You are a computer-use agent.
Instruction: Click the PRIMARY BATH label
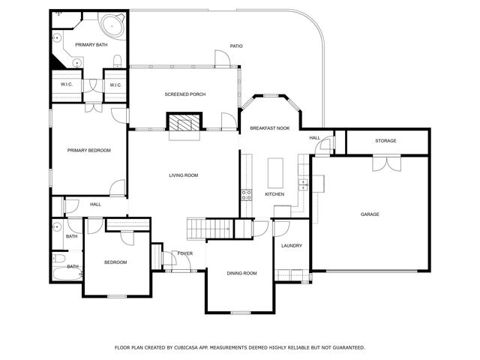click(x=91, y=45)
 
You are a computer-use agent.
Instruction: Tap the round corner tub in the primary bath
click(x=112, y=25)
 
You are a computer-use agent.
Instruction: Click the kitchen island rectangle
click(x=275, y=173)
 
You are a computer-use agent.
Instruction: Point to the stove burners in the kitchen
click(x=247, y=195)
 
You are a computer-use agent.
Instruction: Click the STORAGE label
click(x=385, y=141)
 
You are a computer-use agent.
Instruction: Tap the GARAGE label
click(x=370, y=214)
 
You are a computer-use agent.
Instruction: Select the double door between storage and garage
click(x=387, y=163)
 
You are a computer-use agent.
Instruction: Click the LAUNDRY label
click(x=292, y=245)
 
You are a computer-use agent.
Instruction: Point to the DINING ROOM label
click(x=241, y=273)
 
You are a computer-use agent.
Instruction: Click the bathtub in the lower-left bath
click(x=67, y=274)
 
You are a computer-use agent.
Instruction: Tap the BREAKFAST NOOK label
click(x=270, y=128)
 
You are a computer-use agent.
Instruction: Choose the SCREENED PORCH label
click(x=185, y=94)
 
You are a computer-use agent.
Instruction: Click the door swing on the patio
click(x=222, y=58)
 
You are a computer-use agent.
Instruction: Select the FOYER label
click(x=185, y=253)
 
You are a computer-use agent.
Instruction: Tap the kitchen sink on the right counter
click(x=303, y=184)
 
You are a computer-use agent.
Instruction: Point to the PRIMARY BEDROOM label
click(x=88, y=150)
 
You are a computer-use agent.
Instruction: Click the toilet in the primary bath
click(x=118, y=61)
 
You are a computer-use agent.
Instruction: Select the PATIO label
click(x=236, y=46)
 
